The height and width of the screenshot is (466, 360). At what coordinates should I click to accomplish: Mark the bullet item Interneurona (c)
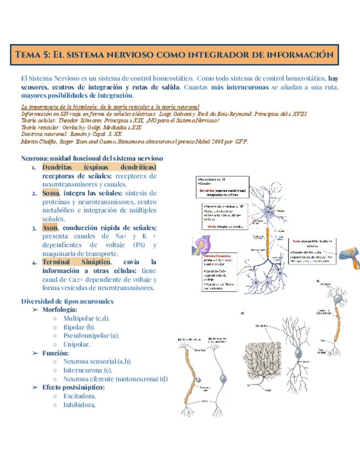[87, 370]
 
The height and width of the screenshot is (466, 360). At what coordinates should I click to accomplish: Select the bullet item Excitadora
[80, 396]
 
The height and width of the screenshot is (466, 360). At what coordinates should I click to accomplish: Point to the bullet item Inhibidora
[79, 405]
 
